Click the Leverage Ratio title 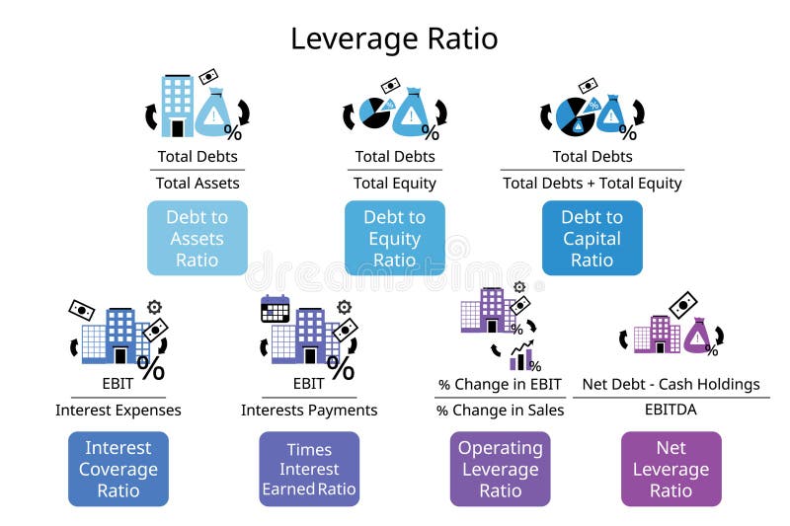[x=394, y=38]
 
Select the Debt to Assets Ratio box [x=197, y=238]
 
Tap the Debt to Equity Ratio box [x=395, y=238]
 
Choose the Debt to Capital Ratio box [x=592, y=238]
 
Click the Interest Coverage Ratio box [x=118, y=469]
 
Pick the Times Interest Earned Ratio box [x=309, y=469]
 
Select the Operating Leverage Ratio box [x=501, y=469]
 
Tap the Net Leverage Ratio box [x=671, y=469]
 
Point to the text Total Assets [x=197, y=183]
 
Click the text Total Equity [x=395, y=183]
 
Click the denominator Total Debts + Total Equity [x=592, y=183]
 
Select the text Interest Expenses [x=118, y=410]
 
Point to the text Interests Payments [x=309, y=410]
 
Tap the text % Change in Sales [x=501, y=410]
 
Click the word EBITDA [x=671, y=410]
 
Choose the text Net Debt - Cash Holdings [x=671, y=384]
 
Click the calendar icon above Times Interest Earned [x=275, y=309]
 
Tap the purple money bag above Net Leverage [x=698, y=337]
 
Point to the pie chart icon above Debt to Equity [x=373, y=113]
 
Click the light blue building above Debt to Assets [x=178, y=103]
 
